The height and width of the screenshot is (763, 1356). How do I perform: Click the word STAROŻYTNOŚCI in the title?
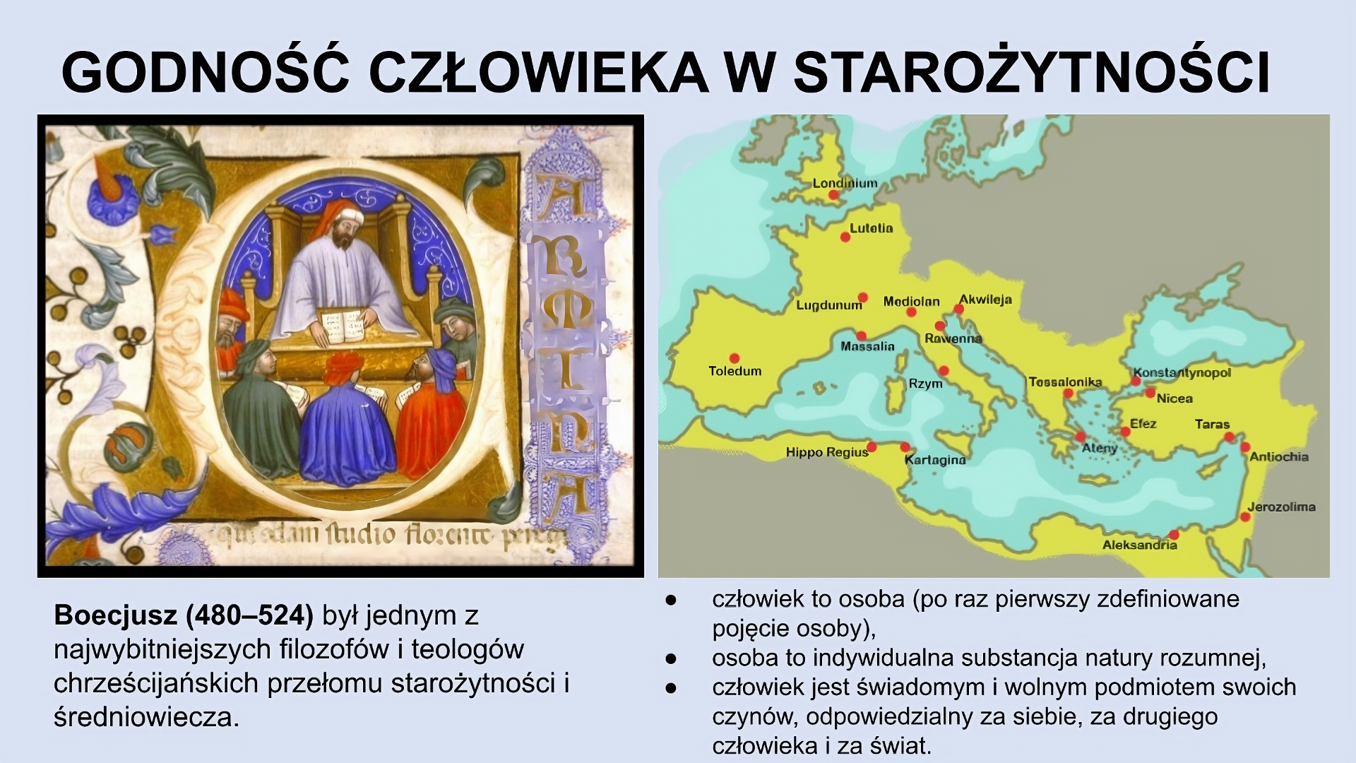pos(1031,72)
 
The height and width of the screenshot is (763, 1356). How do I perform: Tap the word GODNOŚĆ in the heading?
pos(206,72)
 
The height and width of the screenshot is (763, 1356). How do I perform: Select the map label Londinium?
pos(845,184)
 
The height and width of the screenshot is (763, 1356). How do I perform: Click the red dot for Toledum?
pos(734,358)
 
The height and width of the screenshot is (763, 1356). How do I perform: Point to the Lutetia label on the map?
pos(871,228)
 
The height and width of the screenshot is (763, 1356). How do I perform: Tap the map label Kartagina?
pos(934,460)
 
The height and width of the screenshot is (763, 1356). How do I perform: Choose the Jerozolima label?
pos(1280,507)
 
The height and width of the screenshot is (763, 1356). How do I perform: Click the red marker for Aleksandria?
pos(1174,535)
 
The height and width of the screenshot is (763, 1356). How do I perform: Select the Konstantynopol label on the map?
pos(1182,372)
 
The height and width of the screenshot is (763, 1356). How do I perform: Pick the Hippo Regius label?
pos(826,452)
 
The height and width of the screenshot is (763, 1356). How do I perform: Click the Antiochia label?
pos(1278,456)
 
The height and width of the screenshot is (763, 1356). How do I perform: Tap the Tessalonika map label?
pos(1064,382)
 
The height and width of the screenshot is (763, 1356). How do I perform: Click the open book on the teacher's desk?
pos(345,324)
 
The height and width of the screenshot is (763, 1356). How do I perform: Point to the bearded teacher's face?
pos(344,232)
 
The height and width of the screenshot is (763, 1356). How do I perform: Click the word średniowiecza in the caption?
pos(146,717)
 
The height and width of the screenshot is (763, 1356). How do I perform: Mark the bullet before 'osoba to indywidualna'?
pos(670,658)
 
